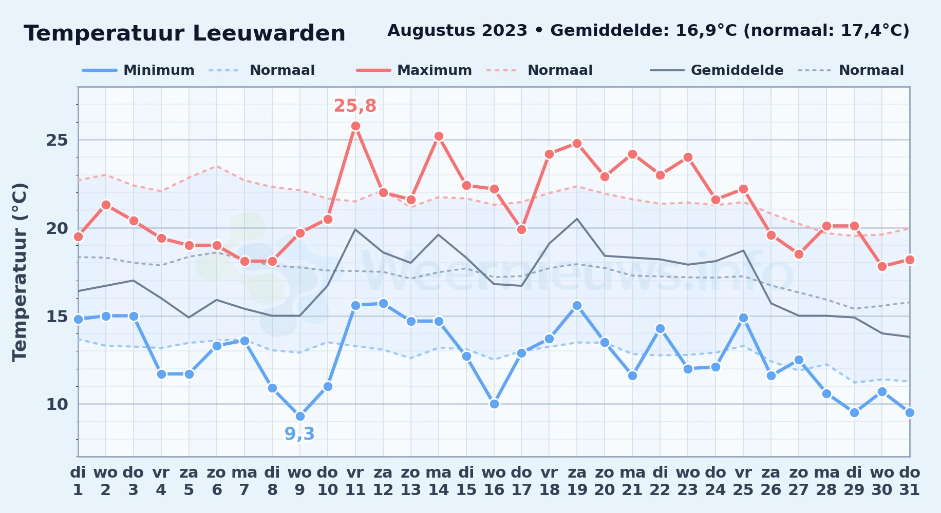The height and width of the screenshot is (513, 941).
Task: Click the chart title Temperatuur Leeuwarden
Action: (x=184, y=33)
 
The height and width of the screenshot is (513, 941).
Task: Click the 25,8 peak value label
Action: (x=355, y=106)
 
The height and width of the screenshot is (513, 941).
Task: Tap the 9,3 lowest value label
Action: (x=299, y=434)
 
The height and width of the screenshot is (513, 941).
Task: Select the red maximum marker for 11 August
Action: (x=355, y=126)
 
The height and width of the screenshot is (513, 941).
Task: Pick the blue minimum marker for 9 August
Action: (x=300, y=416)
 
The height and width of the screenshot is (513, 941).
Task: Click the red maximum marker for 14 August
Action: (x=439, y=136)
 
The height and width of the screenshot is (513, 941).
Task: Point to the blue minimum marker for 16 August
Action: (x=494, y=404)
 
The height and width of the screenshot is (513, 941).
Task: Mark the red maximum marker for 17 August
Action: (x=522, y=229)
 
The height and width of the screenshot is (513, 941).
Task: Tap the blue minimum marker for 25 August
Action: (x=743, y=318)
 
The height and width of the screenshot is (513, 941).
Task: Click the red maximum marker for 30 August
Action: (x=882, y=266)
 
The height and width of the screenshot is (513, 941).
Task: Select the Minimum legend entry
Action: (x=138, y=70)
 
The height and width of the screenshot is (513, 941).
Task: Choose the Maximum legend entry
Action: (x=414, y=70)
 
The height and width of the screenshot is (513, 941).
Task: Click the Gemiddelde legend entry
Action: (x=717, y=70)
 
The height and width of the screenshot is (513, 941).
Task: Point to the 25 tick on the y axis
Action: (x=57, y=140)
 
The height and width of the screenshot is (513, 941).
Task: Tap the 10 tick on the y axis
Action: (x=57, y=404)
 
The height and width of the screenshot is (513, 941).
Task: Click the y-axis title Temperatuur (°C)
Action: (x=20, y=272)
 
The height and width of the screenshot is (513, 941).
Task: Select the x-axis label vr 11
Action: (x=355, y=481)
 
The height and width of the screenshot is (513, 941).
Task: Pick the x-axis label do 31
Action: (x=910, y=481)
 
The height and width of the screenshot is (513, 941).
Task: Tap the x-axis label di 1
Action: (x=78, y=481)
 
